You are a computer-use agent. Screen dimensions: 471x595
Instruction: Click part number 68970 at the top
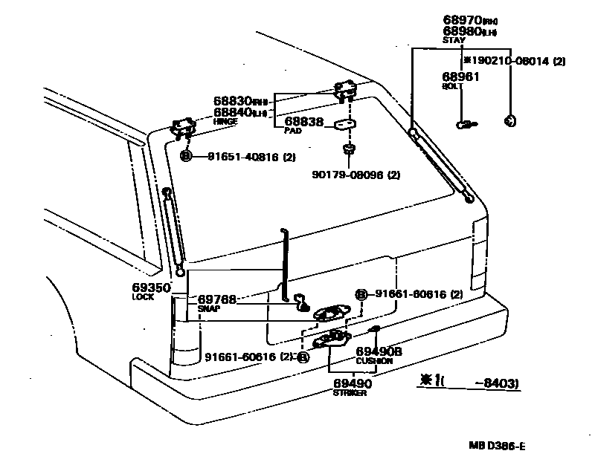point(461,20)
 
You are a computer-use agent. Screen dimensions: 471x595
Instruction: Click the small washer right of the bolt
point(509,121)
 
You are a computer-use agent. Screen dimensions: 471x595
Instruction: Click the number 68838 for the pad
point(304,121)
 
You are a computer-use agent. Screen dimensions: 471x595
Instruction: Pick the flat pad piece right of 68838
point(345,124)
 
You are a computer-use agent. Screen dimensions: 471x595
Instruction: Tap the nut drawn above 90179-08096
point(347,152)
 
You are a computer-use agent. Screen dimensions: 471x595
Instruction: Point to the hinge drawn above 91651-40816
point(183,127)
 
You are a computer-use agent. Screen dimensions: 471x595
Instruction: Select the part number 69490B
point(378,351)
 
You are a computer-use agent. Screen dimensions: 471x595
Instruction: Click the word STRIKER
point(350,393)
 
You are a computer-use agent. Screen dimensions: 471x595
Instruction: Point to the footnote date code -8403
point(496,383)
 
